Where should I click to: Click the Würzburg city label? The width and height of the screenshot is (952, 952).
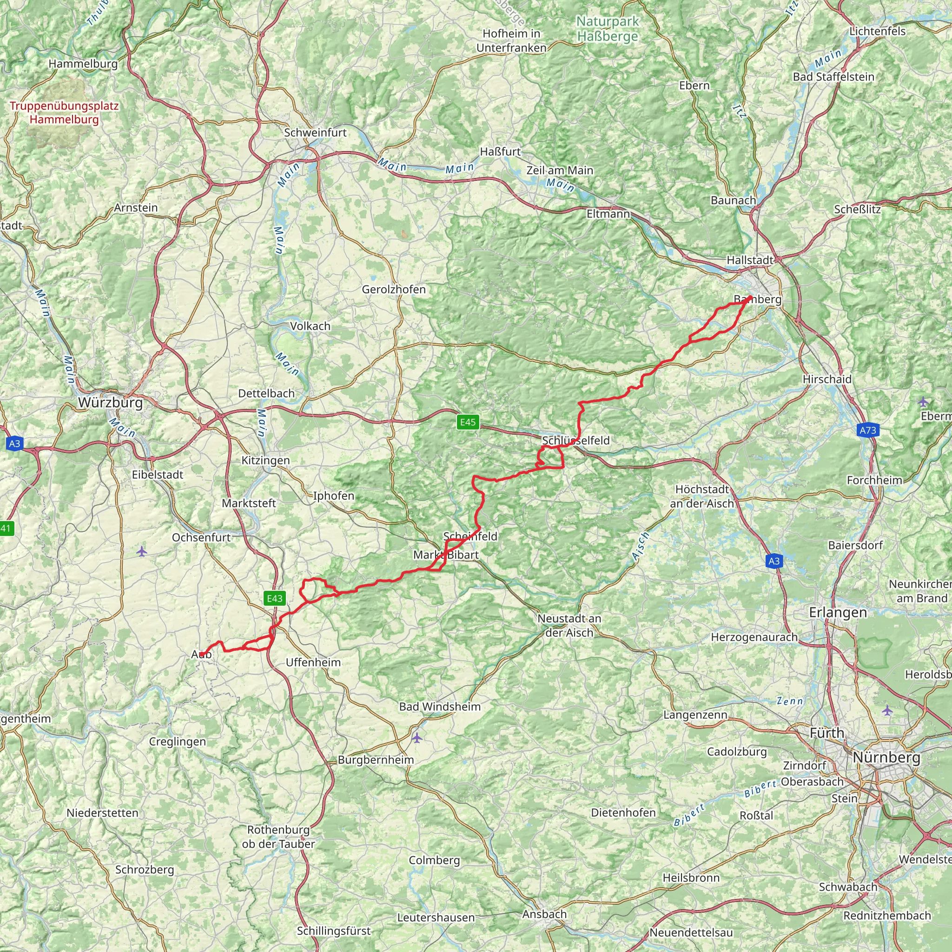click(110, 403)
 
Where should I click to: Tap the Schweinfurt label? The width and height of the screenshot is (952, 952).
click(315, 132)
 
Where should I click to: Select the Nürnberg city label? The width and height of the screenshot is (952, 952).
click(886, 757)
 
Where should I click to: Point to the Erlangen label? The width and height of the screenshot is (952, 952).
click(838, 613)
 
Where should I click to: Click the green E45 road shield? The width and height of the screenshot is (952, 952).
click(468, 422)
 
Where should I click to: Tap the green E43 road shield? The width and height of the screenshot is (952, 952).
click(274, 598)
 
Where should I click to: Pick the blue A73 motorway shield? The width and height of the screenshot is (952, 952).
click(868, 430)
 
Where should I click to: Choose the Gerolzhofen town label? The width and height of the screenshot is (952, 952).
click(394, 289)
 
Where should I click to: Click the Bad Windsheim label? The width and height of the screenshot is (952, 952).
click(440, 707)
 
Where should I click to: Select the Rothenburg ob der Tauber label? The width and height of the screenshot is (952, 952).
click(278, 837)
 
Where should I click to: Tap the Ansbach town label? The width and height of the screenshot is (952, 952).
click(544, 914)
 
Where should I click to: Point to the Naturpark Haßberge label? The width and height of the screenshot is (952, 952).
click(608, 28)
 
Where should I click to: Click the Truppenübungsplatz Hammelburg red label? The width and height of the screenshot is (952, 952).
click(64, 112)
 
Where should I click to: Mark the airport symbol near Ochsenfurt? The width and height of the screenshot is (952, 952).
click(142, 551)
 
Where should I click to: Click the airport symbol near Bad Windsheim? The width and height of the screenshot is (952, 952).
click(417, 738)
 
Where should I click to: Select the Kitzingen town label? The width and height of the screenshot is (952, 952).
click(265, 460)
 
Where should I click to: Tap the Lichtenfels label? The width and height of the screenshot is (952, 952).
click(878, 31)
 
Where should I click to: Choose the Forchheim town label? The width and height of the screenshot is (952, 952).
click(875, 480)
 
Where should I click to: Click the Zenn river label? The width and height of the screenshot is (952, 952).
click(790, 701)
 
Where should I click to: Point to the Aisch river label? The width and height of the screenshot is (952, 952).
click(641, 545)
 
